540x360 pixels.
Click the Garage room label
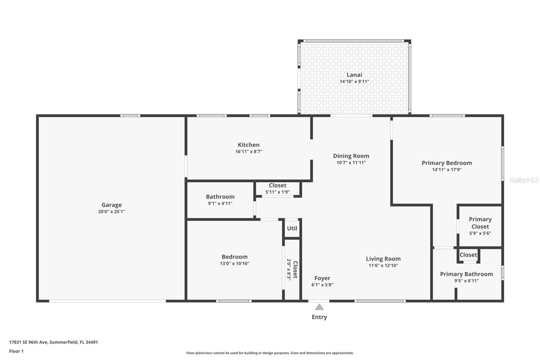(111, 205)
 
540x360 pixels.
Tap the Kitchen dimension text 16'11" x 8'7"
(248, 152)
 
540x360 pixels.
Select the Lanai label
(354, 75)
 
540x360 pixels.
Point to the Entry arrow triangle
(319, 307)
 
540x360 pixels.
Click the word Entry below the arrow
(319, 317)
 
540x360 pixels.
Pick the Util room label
(292, 228)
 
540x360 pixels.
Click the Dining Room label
(351, 156)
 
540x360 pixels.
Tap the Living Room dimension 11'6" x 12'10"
(383, 265)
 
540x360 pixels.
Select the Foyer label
(322, 278)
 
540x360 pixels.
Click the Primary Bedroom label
(447, 163)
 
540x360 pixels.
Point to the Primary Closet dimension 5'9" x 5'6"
(480, 233)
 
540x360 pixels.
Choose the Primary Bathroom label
(466, 274)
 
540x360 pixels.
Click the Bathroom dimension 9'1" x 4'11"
(220, 203)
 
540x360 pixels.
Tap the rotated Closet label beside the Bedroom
(295, 269)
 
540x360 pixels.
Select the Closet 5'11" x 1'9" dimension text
(277, 192)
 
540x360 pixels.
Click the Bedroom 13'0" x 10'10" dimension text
(235, 263)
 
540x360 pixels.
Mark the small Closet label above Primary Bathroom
(468, 255)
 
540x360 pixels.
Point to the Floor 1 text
(16, 351)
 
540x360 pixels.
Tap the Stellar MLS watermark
(524, 180)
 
